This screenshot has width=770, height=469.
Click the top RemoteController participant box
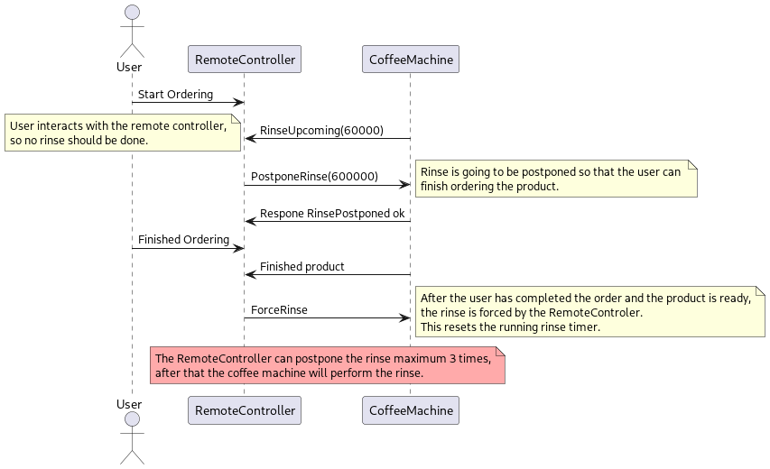[244, 60]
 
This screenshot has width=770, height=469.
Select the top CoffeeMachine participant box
[411, 60]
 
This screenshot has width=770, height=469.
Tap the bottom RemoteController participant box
[244, 410]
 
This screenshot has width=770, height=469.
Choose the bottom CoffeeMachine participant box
[411, 410]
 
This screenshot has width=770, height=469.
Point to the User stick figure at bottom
[132, 437]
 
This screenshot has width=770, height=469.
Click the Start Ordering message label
[175, 94]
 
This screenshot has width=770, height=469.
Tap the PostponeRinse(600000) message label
[314, 176]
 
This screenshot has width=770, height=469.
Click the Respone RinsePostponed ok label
[332, 214]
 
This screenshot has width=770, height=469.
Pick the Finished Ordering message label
[183, 240]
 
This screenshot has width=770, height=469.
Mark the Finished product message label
[302, 267]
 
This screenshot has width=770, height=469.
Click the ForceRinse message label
[279, 309]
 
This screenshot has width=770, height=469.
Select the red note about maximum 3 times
[327, 365]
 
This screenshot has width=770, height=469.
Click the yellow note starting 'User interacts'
[123, 133]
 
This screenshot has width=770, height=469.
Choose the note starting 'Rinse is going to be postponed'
[556, 179]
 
